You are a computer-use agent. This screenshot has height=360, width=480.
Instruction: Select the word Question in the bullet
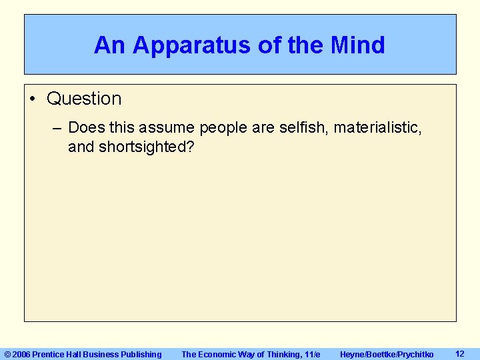point(84,99)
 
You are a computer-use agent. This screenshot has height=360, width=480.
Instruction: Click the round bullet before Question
point(33,99)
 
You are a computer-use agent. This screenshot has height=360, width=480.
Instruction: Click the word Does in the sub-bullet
point(85,127)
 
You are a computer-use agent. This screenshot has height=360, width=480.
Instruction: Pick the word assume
point(167,127)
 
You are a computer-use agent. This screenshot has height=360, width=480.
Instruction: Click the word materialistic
point(377,127)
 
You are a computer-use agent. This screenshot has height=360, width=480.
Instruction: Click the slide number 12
point(459,353)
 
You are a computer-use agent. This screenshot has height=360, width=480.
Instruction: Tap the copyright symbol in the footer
point(8,354)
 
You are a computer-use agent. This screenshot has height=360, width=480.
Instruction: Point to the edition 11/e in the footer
point(311,354)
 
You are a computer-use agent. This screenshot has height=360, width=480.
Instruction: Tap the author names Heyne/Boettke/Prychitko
point(387,354)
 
